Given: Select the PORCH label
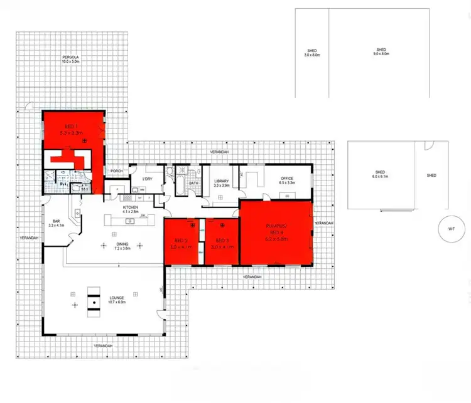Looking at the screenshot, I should [116, 170].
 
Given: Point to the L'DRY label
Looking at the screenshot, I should [148, 179].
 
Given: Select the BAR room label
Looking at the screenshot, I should [56, 222].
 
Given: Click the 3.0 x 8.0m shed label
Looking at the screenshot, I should [312, 53].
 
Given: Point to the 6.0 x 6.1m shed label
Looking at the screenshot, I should [381, 175].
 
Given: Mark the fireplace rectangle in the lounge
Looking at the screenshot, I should [94, 301].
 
